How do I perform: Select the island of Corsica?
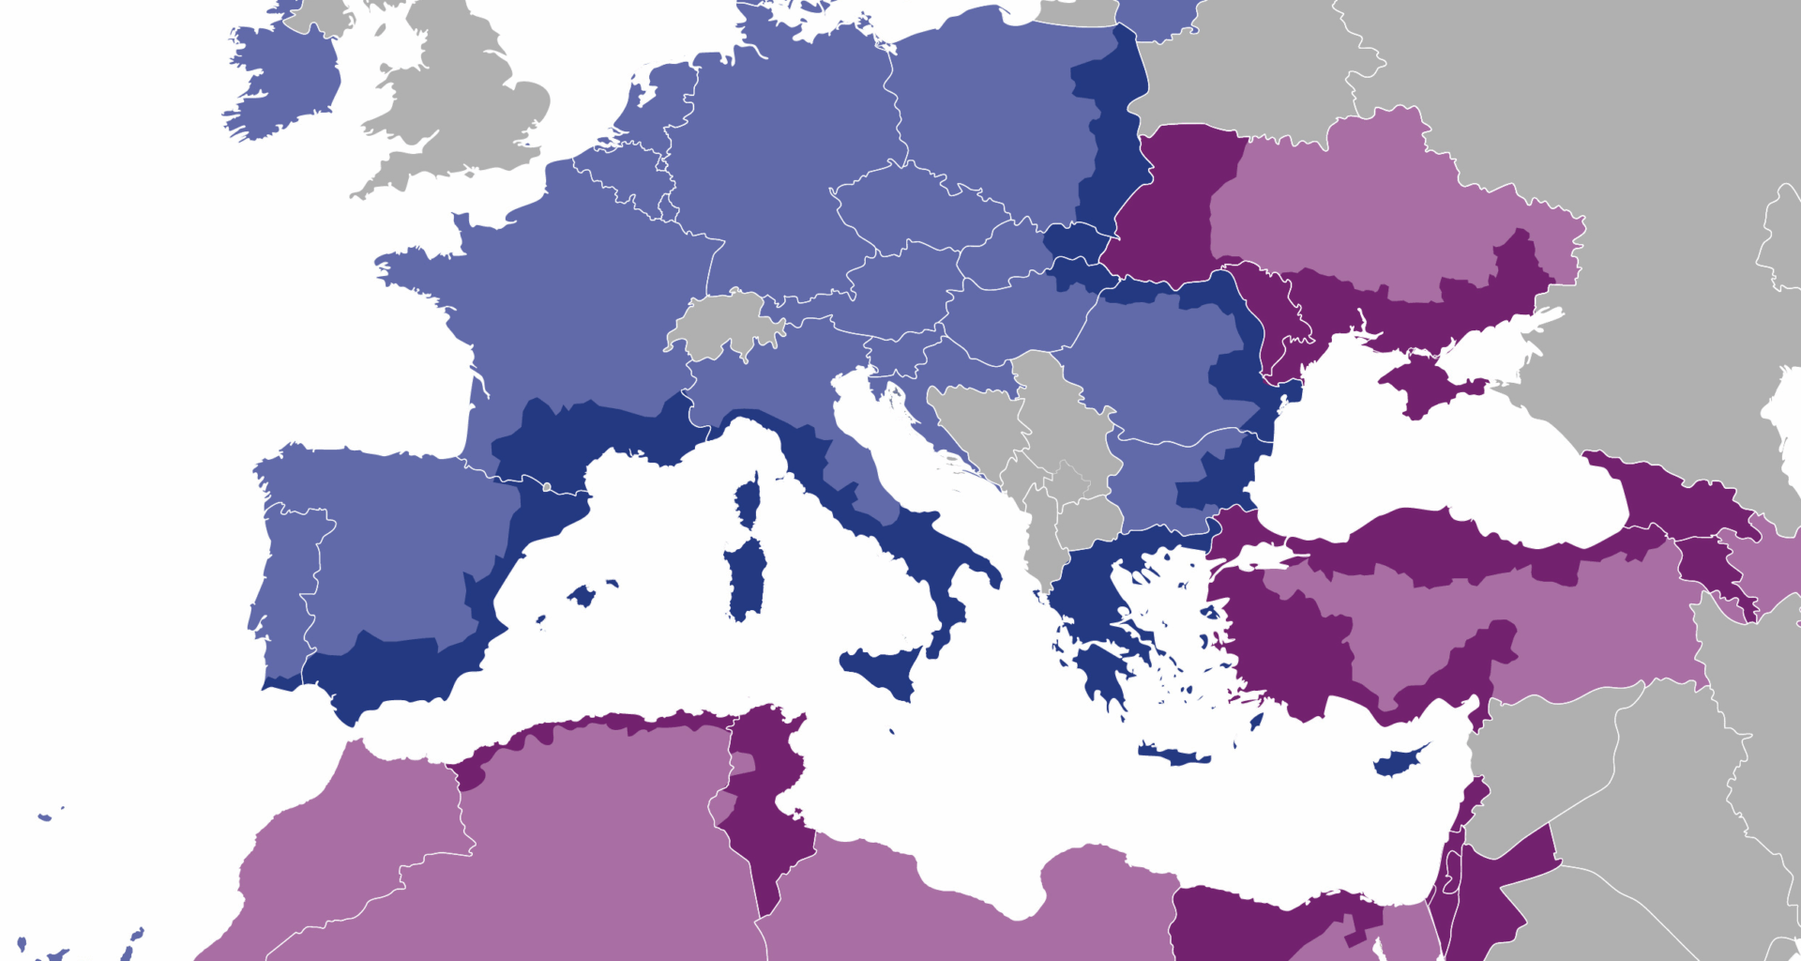coord(749,501)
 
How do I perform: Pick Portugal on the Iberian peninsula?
coord(286,582)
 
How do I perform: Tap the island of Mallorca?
coord(582,595)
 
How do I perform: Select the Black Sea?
coord(1435,469)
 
